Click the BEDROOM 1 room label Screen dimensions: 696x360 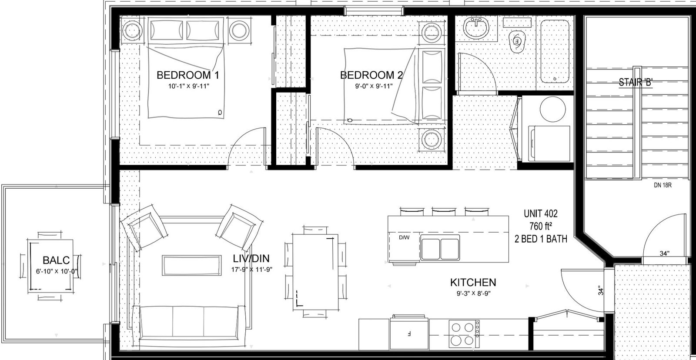(x=187, y=75)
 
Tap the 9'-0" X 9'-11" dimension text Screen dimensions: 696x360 (x=374, y=86)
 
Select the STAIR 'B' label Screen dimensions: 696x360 (x=636, y=82)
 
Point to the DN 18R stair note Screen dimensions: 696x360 (x=663, y=185)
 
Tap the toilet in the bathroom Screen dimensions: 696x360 (x=516, y=41)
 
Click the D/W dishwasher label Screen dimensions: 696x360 (x=404, y=238)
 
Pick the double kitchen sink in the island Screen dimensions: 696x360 (x=440, y=247)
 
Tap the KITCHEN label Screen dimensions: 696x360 (x=473, y=282)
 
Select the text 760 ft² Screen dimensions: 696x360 (x=541, y=226)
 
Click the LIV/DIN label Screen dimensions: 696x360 (x=251, y=258)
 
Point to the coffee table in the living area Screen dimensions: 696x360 (x=192, y=265)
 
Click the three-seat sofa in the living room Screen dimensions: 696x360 (x=189, y=323)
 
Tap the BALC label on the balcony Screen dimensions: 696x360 (x=56, y=260)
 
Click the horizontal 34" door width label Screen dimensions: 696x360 (x=664, y=253)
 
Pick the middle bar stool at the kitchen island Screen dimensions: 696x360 (x=444, y=211)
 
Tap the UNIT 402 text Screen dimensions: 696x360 (x=541, y=214)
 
